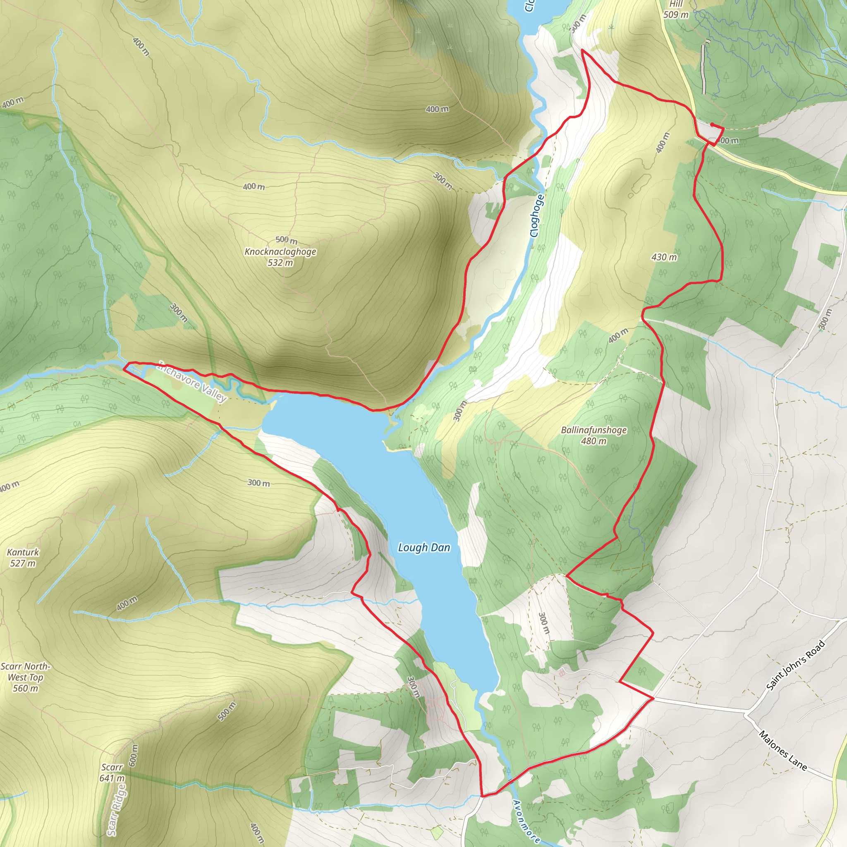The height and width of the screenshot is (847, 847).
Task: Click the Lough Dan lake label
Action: pyautogui.click(x=424, y=548)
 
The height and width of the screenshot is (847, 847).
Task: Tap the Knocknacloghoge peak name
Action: pyautogui.click(x=280, y=251)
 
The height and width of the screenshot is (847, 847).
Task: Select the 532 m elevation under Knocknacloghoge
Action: pyautogui.click(x=280, y=263)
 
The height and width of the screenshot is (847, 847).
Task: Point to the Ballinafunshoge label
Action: pyautogui.click(x=593, y=430)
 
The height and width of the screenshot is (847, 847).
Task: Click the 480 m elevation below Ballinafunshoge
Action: pyautogui.click(x=593, y=441)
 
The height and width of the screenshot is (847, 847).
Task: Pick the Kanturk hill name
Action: pyautogui.click(x=23, y=553)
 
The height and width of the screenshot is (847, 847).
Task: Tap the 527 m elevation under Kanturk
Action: pyautogui.click(x=23, y=563)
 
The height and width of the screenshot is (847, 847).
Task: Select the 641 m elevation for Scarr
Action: pyautogui.click(x=112, y=778)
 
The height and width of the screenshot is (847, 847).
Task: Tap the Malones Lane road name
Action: pyautogui.click(x=783, y=751)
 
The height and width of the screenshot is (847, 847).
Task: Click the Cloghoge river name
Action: pyautogui.click(x=537, y=216)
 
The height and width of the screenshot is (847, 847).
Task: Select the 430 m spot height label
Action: pyautogui.click(x=664, y=257)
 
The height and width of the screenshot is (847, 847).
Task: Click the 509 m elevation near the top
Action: pyautogui.click(x=676, y=15)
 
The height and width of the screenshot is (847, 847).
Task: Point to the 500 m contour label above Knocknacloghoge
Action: pyautogui.click(x=286, y=240)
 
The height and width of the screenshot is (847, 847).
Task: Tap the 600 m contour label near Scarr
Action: pyautogui.click(x=134, y=755)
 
